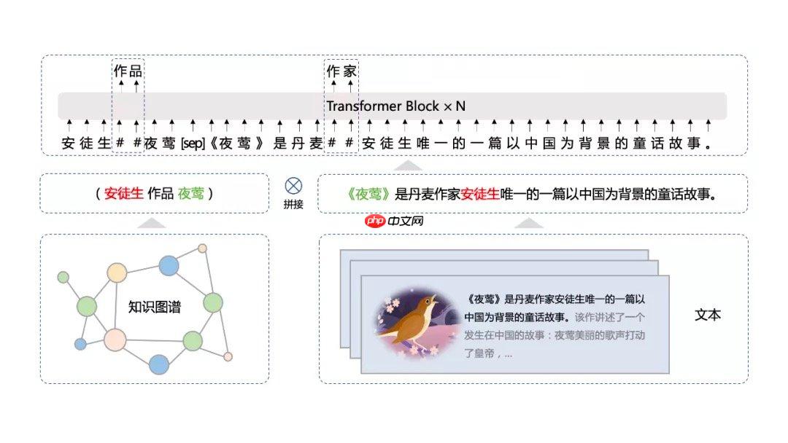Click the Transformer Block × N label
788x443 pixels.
point(396,106)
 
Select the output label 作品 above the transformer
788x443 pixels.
point(128,71)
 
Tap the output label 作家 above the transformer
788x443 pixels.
point(341,71)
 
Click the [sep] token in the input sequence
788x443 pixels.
point(193,144)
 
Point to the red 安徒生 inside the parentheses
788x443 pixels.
point(123,193)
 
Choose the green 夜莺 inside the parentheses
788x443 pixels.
point(191,193)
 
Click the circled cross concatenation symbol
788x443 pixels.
point(293,186)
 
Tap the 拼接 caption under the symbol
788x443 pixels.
point(293,204)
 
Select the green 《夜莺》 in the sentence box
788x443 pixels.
point(368,194)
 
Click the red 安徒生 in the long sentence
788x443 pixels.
point(480,194)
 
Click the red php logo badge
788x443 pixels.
point(375,221)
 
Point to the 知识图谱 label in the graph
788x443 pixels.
point(154,307)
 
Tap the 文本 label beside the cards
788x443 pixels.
point(708,315)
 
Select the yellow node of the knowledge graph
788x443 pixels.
point(117,273)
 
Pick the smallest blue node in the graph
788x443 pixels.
point(80,344)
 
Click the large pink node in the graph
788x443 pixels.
point(115,340)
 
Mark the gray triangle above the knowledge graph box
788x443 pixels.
point(151,223)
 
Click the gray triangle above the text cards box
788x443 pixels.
point(529,223)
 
